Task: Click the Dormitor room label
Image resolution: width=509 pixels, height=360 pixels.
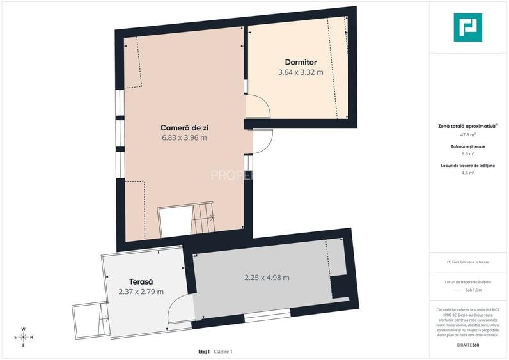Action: tap(301, 62)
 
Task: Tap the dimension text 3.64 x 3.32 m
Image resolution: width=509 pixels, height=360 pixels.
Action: tap(301, 72)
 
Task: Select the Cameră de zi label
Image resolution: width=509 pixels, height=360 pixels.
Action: tap(185, 127)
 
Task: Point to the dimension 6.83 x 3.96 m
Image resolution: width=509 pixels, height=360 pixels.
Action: tap(185, 137)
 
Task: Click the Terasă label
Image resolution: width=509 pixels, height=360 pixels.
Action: tap(141, 281)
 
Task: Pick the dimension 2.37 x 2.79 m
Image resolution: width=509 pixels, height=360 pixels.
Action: tap(141, 292)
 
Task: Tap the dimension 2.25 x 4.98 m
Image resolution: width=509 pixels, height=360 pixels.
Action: tap(267, 278)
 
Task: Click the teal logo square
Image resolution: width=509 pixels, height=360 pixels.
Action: tap(468, 27)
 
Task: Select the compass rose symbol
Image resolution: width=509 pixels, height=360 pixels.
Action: tap(23, 337)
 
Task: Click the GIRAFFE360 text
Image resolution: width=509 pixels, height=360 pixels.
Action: tap(469, 346)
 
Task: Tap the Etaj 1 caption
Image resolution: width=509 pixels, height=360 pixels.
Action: tap(204, 352)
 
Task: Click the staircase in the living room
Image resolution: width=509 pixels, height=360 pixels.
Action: tap(201, 219)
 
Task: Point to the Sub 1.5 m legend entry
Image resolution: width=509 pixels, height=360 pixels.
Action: tap(473, 290)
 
